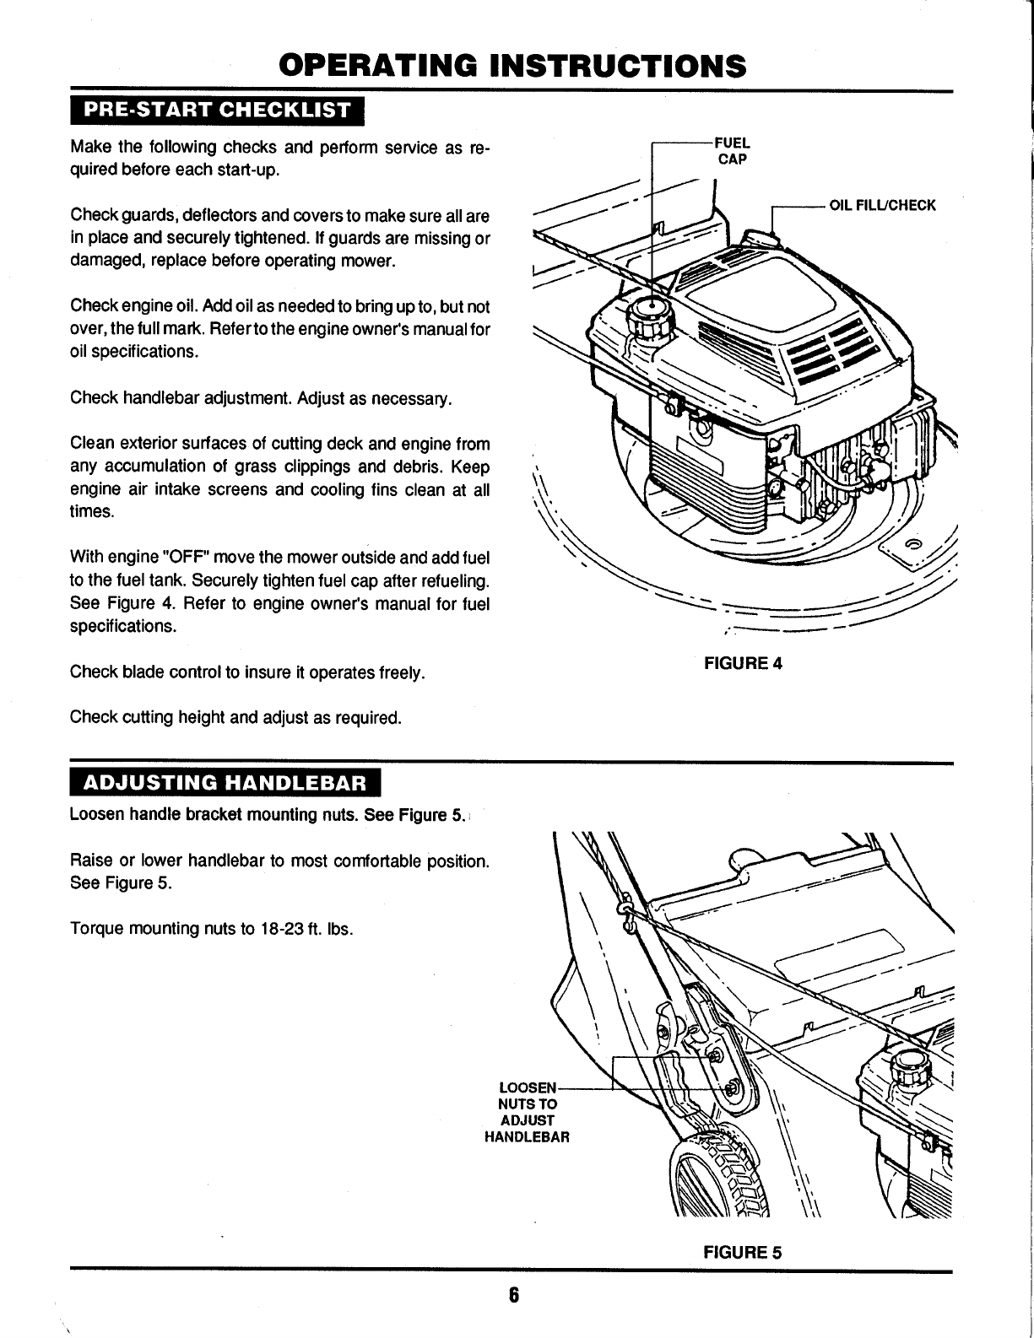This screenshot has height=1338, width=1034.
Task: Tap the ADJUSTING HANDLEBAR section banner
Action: pyautogui.click(x=225, y=783)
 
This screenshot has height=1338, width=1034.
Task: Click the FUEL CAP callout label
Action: pyautogui.click(x=731, y=150)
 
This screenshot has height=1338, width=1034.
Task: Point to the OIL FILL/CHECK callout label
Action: pyautogui.click(x=883, y=205)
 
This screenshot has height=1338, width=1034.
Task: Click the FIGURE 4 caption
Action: pyautogui.click(x=743, y=663)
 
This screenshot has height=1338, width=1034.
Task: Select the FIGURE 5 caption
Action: pyautogui.click(x=743, y=1252)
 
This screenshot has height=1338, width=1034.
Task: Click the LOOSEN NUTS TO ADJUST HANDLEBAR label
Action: pyautogui.click(x=528, y=1112)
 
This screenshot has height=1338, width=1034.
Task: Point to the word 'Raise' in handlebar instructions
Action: pyautogui.click(x=89, y=862)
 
